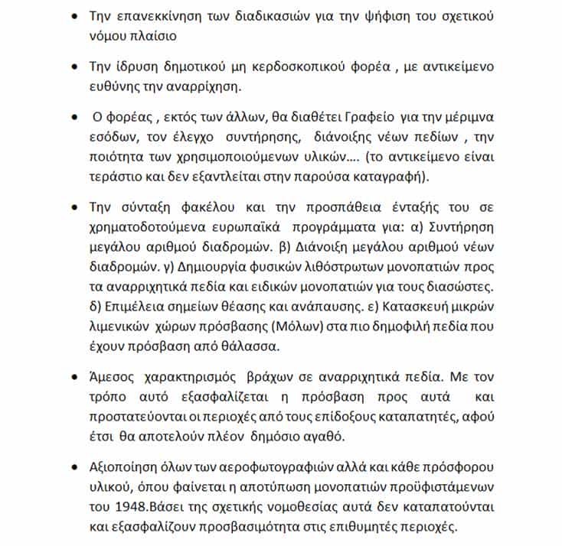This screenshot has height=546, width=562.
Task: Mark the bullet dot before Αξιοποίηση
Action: (74, 466)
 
